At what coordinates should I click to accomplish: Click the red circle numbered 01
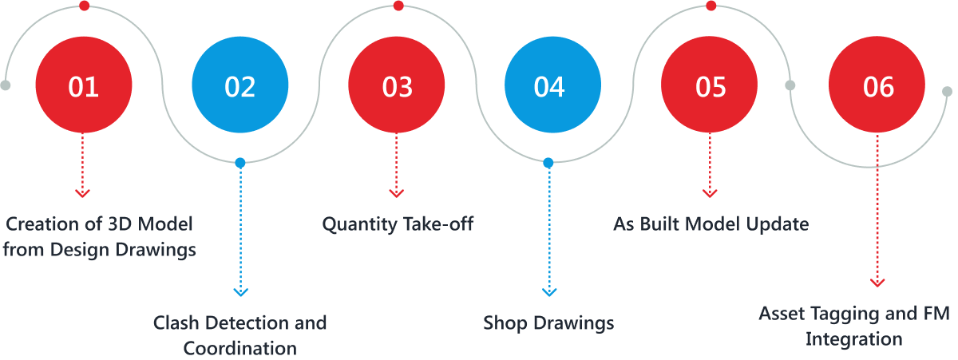tap(84, 85)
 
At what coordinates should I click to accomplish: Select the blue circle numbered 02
tap(240, 85)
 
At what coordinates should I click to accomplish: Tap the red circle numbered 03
tap(397, 85)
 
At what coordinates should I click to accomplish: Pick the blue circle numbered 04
tap(549, 85)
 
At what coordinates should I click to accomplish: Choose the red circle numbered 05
tap(710, 85)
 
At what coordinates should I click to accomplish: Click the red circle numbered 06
tap(878, 85)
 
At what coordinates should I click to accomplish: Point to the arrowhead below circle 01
tap(83, 192)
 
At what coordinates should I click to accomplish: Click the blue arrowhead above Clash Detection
tap(239, 291)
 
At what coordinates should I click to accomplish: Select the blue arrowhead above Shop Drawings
tap(548, 291)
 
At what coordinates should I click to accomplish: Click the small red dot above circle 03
tap(398, 6)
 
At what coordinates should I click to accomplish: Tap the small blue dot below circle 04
tap(548, 163)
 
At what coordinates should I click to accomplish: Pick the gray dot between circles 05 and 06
tap(790, 85)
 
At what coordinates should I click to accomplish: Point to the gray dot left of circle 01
tap(6, 85)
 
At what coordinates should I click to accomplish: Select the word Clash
tap(176, 323)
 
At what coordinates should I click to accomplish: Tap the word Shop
tap(503, 323)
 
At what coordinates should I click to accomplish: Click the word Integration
tap(853, 339)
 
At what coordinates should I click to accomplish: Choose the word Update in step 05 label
tap(778, 224)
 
